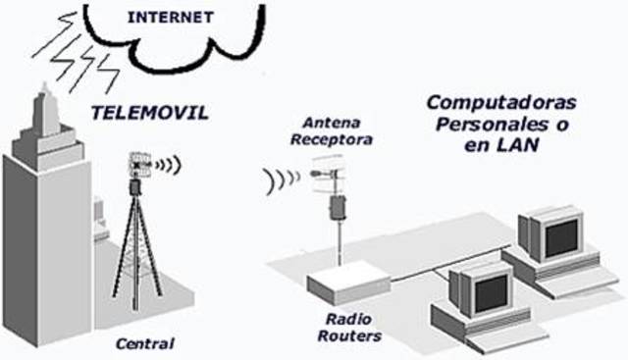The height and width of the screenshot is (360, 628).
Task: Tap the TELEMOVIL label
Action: click(x=149, y=112)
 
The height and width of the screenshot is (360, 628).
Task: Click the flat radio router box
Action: click(x=346, y=285)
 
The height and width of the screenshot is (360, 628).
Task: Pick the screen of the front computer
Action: click(x=478, y=289)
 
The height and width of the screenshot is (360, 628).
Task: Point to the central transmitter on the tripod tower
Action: click(x=136, y=167)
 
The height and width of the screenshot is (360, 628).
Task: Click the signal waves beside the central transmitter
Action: click(x=169, y=165)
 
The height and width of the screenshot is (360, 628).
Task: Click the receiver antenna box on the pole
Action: click(x=339, y=207)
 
